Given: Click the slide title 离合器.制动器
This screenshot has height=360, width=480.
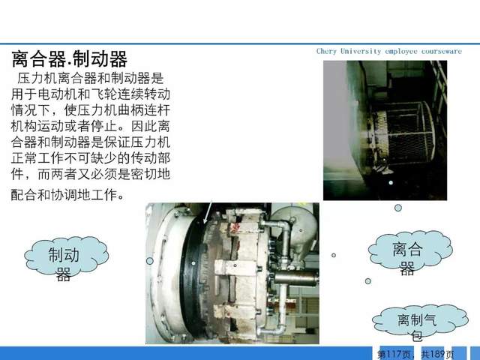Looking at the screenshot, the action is coord(70,59).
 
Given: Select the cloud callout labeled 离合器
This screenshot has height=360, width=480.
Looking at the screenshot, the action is coord(410,249).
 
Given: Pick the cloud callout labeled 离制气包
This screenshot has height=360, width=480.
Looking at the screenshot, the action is coord(420,319).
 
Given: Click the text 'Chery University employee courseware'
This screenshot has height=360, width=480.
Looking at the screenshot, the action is coord(389,51).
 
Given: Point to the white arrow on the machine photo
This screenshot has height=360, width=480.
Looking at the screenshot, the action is coord(208,211).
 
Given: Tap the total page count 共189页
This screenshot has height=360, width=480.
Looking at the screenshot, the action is coord(437,354).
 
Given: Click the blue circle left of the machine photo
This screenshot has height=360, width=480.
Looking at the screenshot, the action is coord(150,261).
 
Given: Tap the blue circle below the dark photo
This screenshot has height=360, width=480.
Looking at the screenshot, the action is coord(398,208).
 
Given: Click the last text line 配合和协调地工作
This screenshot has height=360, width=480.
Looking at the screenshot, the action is coord(64,195).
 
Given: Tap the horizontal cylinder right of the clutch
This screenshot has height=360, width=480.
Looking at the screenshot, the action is coord(295,279).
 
